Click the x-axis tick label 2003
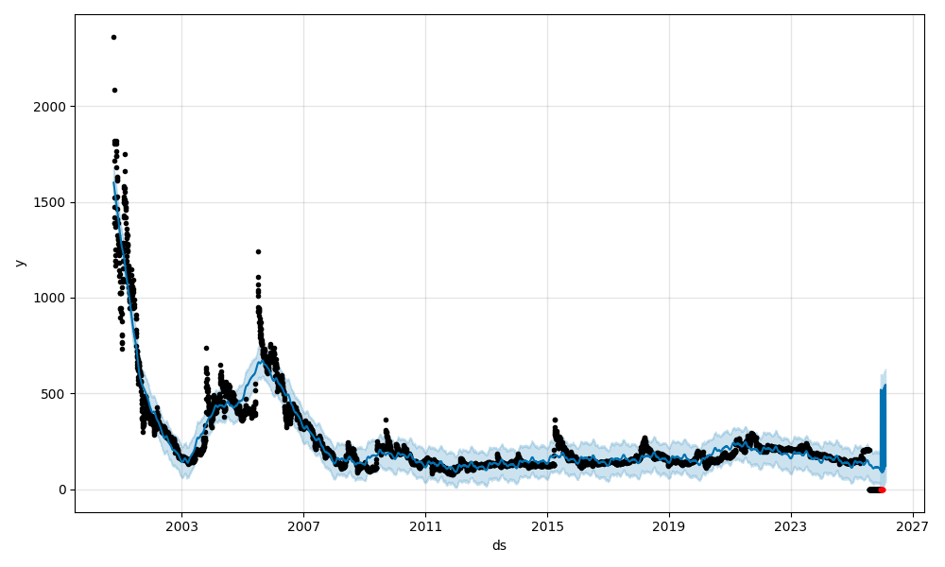181,527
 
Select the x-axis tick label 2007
303,527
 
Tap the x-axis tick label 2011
425,527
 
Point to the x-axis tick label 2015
547,527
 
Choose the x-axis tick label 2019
669,527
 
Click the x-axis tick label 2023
791,527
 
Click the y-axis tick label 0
61,490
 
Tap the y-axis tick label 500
55,394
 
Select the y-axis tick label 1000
51,298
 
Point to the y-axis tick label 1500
51,202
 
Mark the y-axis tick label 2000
51,106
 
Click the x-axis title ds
499,546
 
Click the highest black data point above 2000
113,37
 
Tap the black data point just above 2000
114,90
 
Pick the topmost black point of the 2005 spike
258,251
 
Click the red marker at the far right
882,490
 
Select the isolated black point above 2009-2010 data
386,420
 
